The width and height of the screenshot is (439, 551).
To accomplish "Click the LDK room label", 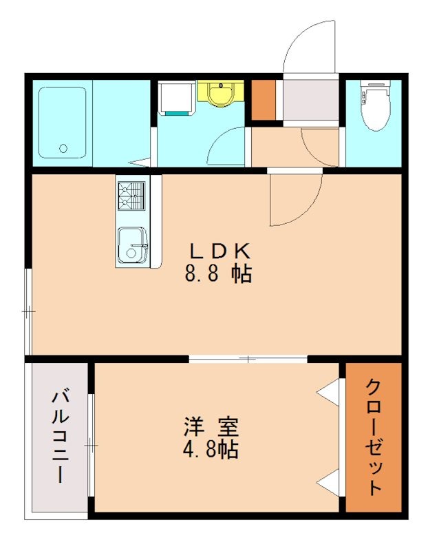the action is point(219,251).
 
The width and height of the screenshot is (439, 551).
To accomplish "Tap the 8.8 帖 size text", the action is point(218,273).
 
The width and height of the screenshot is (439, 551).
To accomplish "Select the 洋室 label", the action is point(211,426).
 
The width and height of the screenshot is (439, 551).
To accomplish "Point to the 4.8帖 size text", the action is point(211,449).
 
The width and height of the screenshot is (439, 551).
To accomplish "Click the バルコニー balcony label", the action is point(60,437).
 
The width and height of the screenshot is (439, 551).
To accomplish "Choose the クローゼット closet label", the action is point(374,437).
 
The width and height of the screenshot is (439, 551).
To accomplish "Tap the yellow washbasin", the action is point(220,93).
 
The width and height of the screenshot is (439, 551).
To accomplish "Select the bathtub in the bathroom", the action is point(63,123).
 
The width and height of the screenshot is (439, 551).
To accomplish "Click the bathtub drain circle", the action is point(63,148).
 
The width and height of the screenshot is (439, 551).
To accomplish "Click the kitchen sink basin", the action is point(131,245).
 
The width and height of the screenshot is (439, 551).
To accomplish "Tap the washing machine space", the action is point(177,98).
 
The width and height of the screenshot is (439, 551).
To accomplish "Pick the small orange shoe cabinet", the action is point(264,100).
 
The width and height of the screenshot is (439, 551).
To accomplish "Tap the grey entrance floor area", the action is point(311,100).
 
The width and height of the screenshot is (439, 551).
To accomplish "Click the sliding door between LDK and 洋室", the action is point(248,359).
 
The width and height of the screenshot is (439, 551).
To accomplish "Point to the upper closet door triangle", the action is point(328,391).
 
